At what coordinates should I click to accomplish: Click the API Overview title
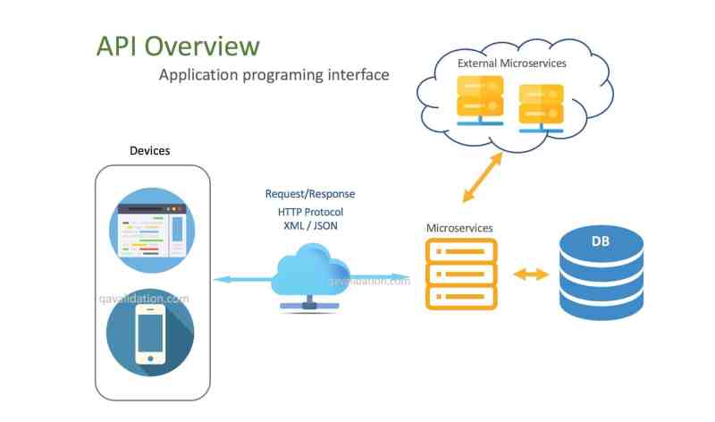[x=178, y=46]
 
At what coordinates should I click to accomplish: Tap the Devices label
[x=149, y=150]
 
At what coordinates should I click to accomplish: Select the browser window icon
[x=152, y=231]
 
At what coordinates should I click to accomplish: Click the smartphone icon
[x=150, y=333]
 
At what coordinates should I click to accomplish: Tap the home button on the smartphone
[x=150, y=359]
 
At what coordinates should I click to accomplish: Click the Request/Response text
[x=310, y=194]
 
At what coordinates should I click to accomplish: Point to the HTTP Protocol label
[x=310, y=212]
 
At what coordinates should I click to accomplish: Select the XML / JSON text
[x=310, y=225]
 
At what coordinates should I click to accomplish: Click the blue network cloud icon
[x=310, y=277]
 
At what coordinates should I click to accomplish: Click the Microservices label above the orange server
[x=459, y=228]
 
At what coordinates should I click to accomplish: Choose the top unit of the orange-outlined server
[x=461, y=251]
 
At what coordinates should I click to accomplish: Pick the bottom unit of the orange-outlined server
[x=461, y=297]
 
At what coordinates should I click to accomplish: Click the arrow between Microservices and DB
[x=531, y=274]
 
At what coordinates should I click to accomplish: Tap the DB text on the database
[x=600, y=241]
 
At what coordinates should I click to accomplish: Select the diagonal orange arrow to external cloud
[x=483, y=177]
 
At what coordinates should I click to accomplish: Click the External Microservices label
[x=511, y=63]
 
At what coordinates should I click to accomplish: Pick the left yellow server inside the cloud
[x=480, y=100]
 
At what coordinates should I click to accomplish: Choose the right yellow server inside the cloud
[x=542, y=108]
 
